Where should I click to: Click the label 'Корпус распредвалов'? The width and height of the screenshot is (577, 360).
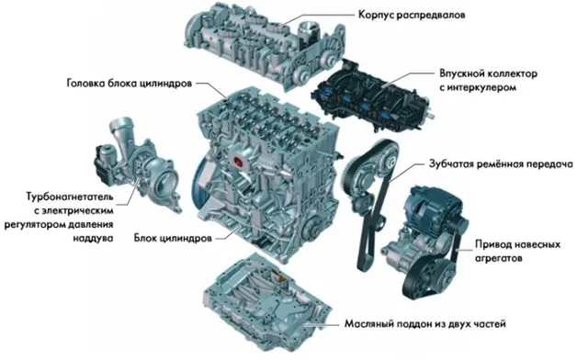(412, 15)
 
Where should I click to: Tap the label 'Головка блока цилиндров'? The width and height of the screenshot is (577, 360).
(130, 84)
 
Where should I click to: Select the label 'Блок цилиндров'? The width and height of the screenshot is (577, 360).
(173, 238)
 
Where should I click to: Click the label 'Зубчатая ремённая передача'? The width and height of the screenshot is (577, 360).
(501, 163)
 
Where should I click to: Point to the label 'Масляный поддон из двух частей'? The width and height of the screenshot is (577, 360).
(425, 324)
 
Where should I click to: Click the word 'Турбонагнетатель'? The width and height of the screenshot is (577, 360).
(70, 197)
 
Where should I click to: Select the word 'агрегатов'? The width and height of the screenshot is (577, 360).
(498, 258)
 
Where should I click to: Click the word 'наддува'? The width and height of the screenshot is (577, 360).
(93, 238)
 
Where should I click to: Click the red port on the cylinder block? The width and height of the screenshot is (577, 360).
(238, 161)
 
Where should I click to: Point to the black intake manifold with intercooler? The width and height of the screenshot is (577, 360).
(372, 97)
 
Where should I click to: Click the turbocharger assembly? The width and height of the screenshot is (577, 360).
(137, 164)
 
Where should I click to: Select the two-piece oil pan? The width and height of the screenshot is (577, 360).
(267, 302)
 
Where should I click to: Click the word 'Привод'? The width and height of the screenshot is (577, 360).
(493, 244)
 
